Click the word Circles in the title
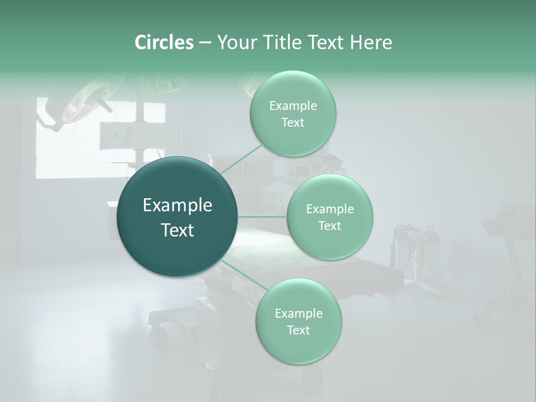(164, 42)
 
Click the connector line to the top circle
(241, 159)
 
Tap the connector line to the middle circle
(262, 217)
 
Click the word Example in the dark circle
(178, 205)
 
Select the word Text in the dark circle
(178, 230)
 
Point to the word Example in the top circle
(293, 106)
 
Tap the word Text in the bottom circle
(298, 331)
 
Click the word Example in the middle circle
(329, 209)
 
